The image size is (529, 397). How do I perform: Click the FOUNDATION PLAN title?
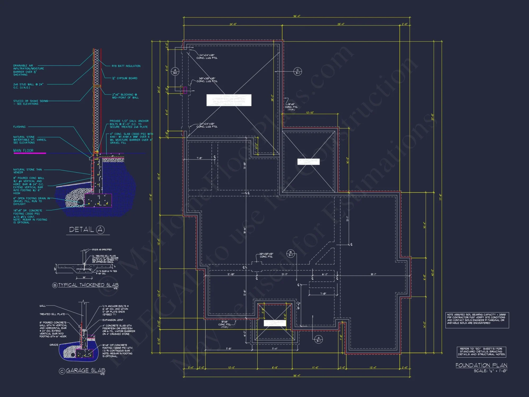tap(481, 365)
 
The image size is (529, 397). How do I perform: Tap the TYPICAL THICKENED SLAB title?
tap(88, 285)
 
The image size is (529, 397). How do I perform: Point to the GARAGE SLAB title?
tap(85, 370)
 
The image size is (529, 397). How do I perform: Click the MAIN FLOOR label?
tap(23, 150)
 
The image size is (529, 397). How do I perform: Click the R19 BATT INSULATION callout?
tap(126, 66)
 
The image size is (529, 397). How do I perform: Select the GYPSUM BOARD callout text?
tap(125, 78)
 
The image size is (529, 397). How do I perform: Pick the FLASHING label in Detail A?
tap(19, 127)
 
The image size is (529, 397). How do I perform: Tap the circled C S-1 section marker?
tap(298, 71)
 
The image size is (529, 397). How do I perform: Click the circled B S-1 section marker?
tap(290, 254)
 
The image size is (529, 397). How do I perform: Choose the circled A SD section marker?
tap(175, 71)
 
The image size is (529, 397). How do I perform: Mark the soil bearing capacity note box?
tap(477, 320)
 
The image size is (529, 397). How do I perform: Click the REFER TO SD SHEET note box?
tap(481, 351)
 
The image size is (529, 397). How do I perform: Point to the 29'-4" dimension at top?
tap(341, 24)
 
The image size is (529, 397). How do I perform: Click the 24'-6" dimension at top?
tap(233, 24)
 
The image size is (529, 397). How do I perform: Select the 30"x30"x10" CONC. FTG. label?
tap(266, 255)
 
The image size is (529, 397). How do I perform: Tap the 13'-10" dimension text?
tap(310, 113)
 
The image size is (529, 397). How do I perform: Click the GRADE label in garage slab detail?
tap(54, 345)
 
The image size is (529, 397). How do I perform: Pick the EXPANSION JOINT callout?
tap(113, 320)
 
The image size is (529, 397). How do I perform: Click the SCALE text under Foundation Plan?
tap(490, 371)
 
